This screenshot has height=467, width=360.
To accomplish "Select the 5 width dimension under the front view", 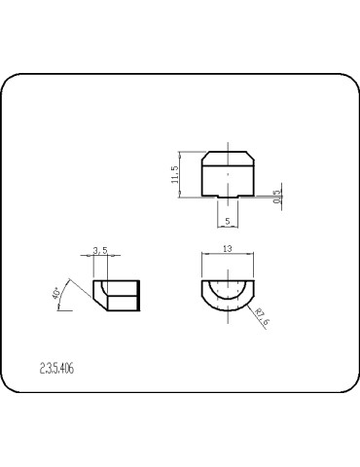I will click(x=227, y=221).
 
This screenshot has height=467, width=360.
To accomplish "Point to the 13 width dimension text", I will click(x=227, y=249).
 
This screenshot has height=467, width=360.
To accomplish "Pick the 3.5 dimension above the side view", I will click(x=99, y=251).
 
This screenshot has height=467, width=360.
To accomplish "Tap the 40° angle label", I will click(x=56, y=292).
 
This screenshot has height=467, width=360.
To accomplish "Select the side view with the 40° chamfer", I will click(x=116, y=295).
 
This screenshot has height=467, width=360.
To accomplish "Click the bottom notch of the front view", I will click(x=227, y=198).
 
